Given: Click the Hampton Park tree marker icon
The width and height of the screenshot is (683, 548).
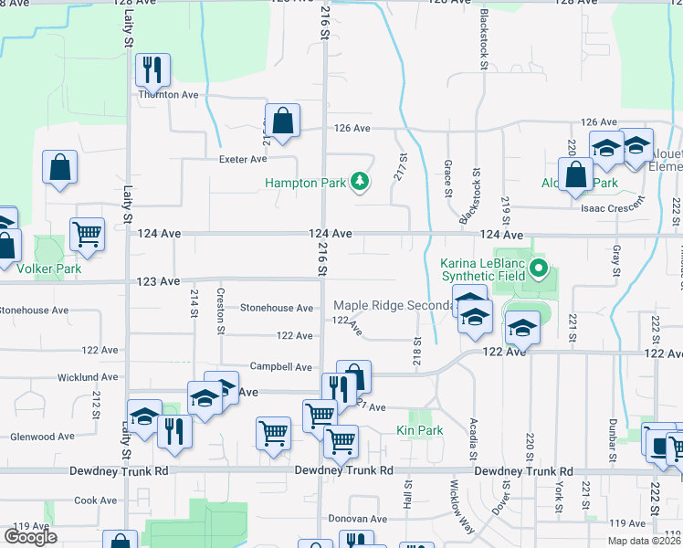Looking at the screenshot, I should click(362, 183).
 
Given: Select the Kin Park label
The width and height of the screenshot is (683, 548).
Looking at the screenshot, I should click(419, 430).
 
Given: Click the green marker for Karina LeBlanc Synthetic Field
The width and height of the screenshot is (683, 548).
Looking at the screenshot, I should click(539, 269).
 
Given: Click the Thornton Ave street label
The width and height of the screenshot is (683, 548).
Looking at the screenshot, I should click(168, 94).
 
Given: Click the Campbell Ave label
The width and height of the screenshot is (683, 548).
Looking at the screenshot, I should click(283, 366).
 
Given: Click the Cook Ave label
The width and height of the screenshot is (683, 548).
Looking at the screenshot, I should click(96, 501).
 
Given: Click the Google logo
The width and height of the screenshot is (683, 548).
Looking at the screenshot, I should click(30, 537).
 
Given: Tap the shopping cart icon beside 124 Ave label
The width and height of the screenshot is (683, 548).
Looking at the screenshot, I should click(87, 233).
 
